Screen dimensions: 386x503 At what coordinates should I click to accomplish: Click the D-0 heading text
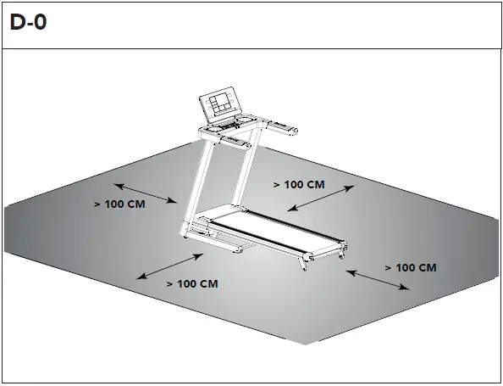[x=29, y=23]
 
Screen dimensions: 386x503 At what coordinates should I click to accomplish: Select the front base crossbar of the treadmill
[x=217, y=247]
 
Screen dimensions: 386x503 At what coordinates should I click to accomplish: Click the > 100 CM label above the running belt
[x=299, y=184]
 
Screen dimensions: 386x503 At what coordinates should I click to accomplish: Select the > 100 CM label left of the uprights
[x=119, y=204]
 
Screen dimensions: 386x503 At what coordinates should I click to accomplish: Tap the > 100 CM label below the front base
[x=192, y=283]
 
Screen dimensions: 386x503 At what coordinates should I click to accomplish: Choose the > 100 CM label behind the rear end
[x=411, y=267]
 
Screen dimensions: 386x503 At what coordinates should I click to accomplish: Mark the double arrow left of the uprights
[x=146, y=192]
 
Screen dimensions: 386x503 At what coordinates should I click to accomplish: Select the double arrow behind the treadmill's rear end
[x=379, y=280]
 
